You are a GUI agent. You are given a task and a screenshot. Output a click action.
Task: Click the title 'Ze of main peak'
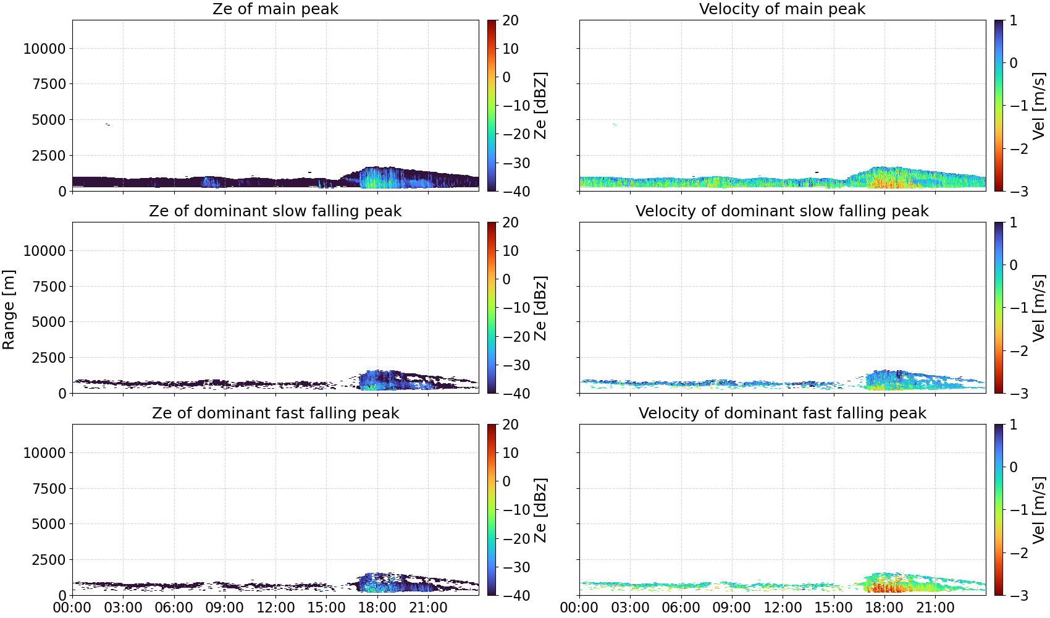point(275,9)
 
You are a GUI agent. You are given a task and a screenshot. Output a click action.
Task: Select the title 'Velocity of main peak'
point(783,9)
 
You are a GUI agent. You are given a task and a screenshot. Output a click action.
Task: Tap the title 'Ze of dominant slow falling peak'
point(275,211)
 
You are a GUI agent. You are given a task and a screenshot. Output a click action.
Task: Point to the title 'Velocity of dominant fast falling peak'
point(783,413)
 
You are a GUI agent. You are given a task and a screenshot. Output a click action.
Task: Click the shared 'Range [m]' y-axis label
point(9,310)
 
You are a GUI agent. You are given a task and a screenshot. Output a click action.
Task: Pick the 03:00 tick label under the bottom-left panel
point(124,607)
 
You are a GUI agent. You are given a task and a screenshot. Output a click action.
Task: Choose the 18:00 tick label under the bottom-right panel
point(884,607)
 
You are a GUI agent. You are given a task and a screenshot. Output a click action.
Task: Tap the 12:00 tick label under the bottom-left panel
point(275,607)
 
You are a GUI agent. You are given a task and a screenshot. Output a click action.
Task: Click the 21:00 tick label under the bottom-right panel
point(935,607)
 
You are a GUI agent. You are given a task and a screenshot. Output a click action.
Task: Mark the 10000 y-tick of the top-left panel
point(45,48)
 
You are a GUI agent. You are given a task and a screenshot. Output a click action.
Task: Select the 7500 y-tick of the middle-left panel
point(49,286)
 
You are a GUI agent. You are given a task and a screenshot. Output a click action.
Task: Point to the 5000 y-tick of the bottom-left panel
point(49,523)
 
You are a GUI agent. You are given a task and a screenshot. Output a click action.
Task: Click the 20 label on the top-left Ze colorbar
point(510,20)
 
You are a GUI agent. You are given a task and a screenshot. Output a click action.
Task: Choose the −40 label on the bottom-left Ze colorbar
point(516,596)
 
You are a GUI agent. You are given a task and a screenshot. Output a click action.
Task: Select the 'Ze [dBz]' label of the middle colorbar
point(540,308)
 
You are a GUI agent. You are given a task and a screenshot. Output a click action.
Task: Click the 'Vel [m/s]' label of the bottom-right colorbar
point(1039,510)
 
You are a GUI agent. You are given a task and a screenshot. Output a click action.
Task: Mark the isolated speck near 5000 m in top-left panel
point(108,124)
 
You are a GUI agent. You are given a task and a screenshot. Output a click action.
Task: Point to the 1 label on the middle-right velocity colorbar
point(1012,222)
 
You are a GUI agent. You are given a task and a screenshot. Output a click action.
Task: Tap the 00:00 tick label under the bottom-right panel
point(579,607)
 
